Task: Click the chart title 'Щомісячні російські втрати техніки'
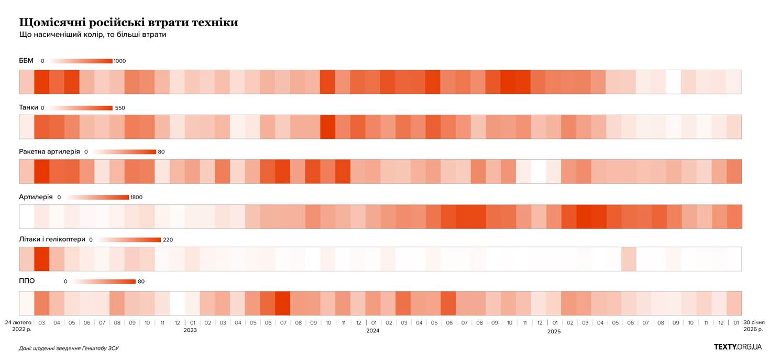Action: pos(128,23)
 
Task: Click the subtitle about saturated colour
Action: pos(92,35)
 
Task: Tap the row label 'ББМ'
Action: pos(26,61)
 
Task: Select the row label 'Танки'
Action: pos(28,107)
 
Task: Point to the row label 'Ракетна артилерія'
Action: pos(49,151)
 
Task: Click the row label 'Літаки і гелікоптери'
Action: pos(52,239)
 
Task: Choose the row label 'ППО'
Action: pos(27,281)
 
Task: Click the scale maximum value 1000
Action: pos(119,61)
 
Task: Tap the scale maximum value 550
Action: pos(120,108)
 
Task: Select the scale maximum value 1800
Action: pos(136,198)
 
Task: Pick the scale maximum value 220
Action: pos(168,240)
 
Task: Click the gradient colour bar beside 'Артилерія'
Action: pos(98,198)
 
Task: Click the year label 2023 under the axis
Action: pos(190,331)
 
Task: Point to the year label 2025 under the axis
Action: pos(554,331)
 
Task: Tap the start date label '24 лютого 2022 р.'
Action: pos(18,325)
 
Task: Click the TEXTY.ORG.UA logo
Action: pos(738,347)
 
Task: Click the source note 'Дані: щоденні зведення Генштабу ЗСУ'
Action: pos(68,348)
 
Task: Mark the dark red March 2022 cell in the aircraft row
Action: pos(41,259)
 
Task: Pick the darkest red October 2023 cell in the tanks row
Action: pos(327,127)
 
